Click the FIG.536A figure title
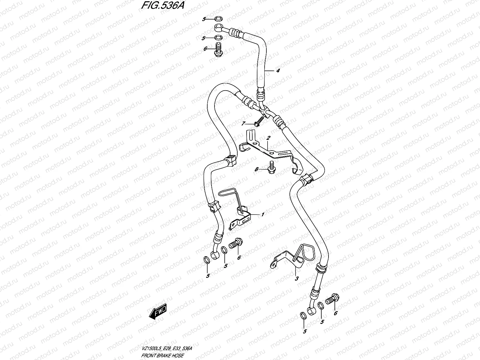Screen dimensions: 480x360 [163, 5]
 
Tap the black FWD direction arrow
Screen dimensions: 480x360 [158, 311]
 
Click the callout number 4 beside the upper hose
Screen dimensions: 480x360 [278, 70]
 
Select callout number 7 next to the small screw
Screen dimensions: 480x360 [243, 124]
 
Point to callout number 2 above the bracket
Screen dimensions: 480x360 [268, 138]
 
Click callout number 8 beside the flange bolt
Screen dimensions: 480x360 [256, 169]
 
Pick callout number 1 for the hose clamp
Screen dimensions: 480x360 [262, 214]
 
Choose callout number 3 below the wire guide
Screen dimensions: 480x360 [297, 279]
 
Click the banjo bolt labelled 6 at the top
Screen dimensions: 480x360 [218, 49]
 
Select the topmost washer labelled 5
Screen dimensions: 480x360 [218, 19]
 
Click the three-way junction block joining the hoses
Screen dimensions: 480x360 [265, 111]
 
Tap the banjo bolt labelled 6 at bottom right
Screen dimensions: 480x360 [332, 299]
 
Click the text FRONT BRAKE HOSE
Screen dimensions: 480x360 [163, 355]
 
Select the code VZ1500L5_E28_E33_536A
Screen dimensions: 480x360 [166, 348]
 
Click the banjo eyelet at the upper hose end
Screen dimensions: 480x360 [219, 28]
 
